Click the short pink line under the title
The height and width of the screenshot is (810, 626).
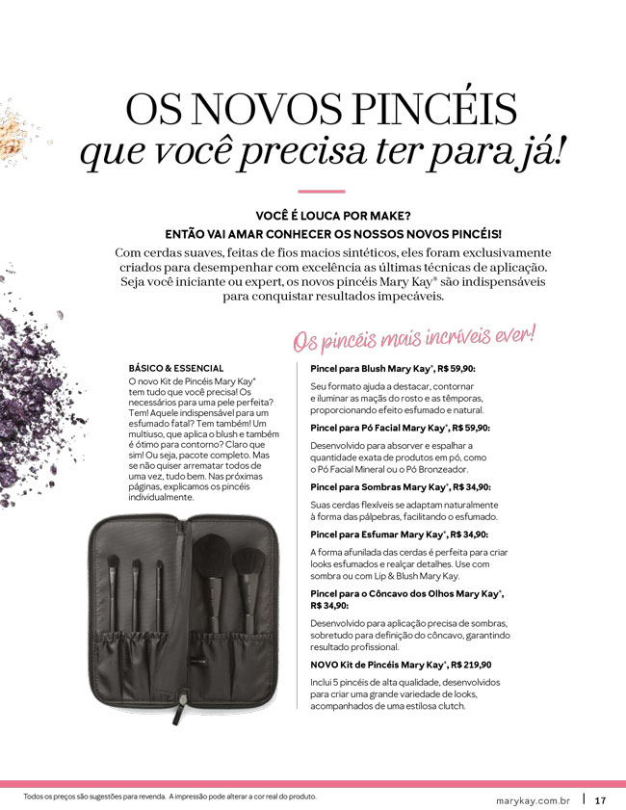tap(314, 192)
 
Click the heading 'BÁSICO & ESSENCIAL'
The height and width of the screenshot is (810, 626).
tap(176, 368)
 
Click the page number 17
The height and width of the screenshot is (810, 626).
tap(600, 799)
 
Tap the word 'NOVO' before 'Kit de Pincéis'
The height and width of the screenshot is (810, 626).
tap(324, 665)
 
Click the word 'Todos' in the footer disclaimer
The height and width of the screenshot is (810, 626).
tap(37, 797)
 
